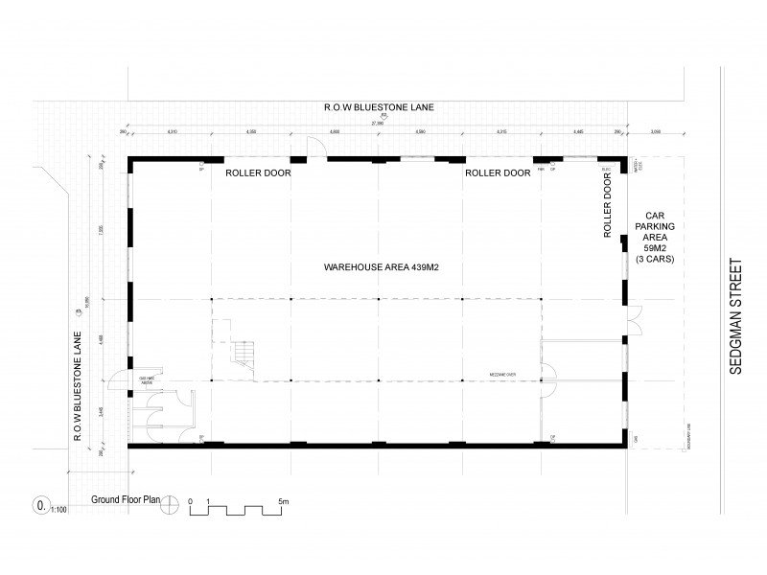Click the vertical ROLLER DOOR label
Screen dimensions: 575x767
click(x=607, y=210)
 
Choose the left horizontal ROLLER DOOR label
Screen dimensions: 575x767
click(x=258, y=173)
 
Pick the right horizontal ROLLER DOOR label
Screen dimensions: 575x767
click(x=498, y=173)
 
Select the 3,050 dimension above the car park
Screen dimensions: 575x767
click(x=656, y=132)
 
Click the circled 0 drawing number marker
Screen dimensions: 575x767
click(x=40, y=501)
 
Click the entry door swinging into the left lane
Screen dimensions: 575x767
click(x=117, y=384)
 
